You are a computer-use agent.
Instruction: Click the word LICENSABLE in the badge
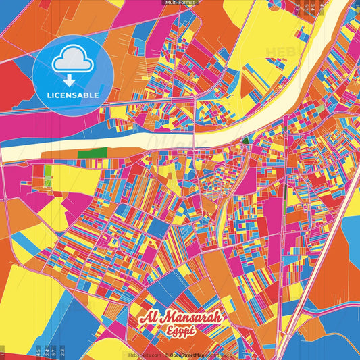[72, 95]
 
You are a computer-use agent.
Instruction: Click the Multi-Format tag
[180, 3]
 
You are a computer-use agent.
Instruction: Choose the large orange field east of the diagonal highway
[338, 270]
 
